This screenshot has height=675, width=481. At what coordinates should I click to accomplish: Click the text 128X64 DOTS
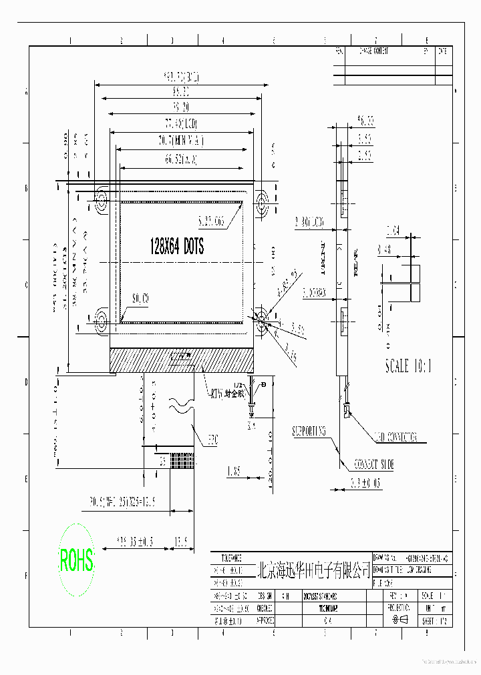177,246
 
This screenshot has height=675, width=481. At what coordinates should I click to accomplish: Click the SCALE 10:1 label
409,366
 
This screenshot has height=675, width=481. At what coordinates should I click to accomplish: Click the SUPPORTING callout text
309,431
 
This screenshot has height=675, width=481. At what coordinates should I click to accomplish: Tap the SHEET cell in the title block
436,620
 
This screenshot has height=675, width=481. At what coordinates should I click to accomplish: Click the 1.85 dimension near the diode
233,472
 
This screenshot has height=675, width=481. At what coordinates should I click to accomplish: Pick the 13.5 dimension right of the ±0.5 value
180,541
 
